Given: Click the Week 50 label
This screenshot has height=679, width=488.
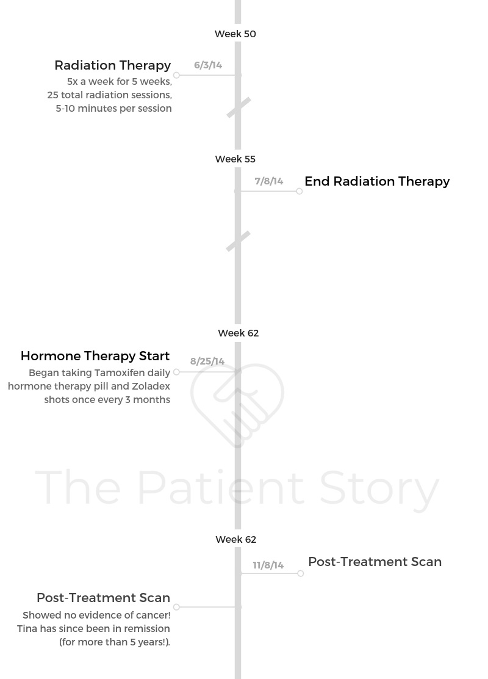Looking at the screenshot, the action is point(235,34).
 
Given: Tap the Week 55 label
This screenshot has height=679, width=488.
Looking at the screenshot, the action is point(235,159).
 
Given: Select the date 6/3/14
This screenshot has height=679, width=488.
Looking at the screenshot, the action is point(208,65).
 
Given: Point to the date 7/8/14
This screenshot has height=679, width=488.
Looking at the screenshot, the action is point(268,181).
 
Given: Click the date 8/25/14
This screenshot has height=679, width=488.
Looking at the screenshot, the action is point(207,361).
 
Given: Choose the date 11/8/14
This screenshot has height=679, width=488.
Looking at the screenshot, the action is point(268,565).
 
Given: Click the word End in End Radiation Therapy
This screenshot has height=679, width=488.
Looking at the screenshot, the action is point(317,181).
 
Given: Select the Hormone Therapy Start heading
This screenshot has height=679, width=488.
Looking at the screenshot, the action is point(95,356).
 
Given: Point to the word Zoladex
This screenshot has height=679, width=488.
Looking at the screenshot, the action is point(151,387).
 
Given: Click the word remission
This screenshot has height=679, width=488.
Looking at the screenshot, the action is point(147,629).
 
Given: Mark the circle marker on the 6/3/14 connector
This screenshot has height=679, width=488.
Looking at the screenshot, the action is point(176,75).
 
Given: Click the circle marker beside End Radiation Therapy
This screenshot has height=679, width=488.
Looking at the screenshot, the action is point(300,191).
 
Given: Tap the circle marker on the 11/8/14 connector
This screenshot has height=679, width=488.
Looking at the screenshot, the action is point(301,573).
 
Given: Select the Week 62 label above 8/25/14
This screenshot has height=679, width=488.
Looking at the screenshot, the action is point(239,333).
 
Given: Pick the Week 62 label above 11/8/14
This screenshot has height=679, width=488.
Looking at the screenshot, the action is point(236,539).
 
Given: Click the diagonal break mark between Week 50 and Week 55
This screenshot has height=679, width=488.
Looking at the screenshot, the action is point(239,107).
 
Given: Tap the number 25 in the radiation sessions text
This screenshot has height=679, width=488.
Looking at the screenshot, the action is point(53,95).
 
